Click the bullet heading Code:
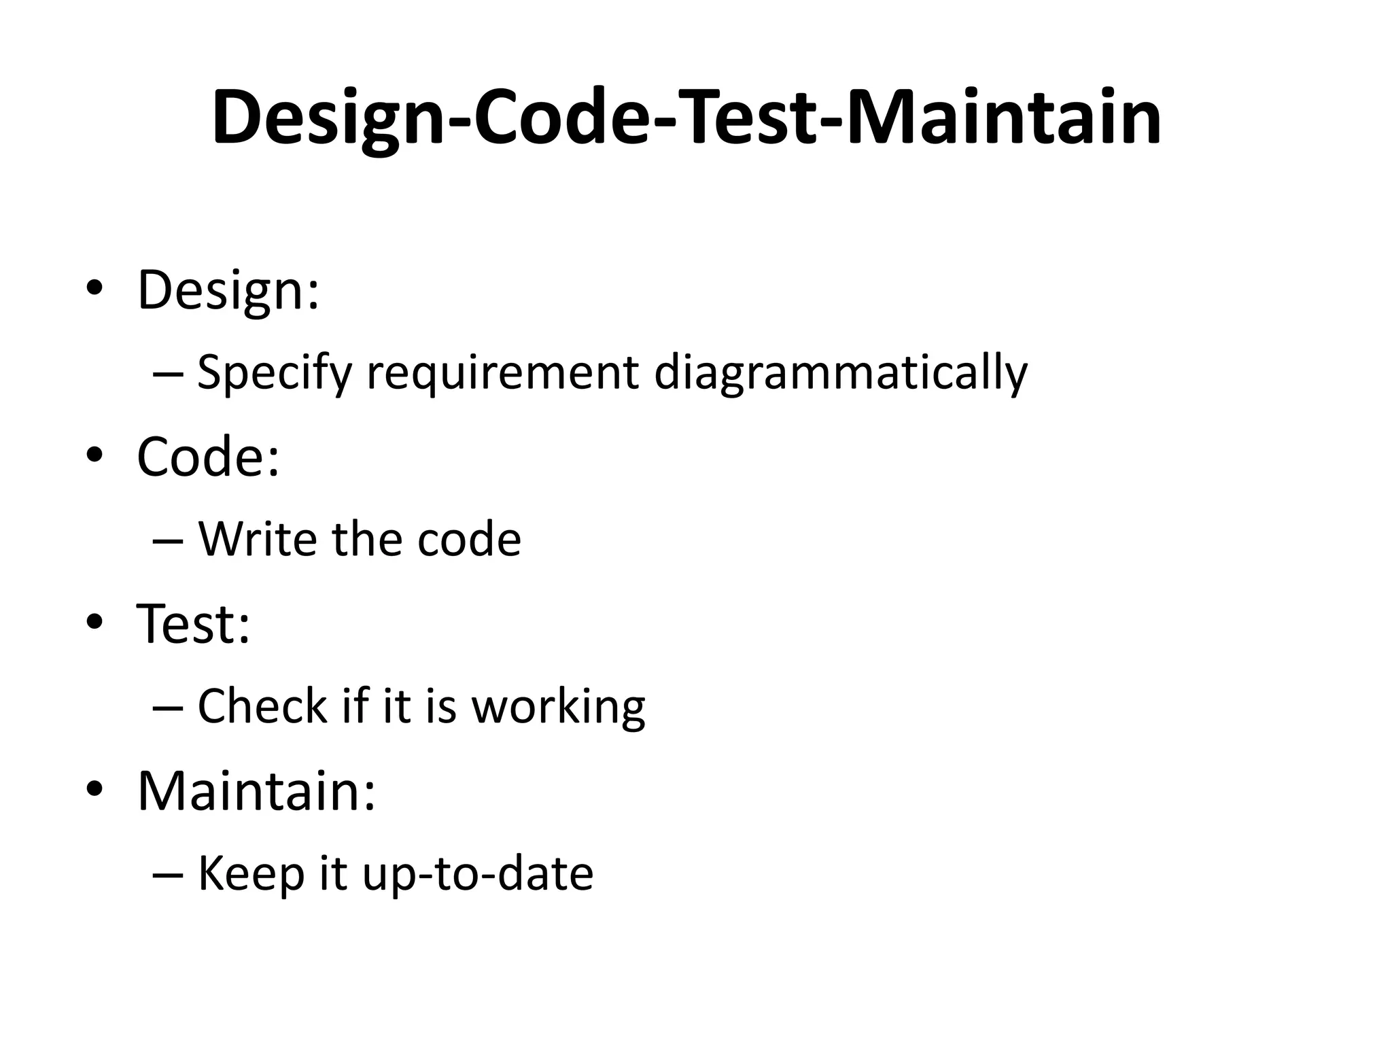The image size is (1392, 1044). (x=208, y=457)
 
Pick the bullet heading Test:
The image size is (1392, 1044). (x=194, y=623)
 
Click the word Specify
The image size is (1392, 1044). (x=275, y=372)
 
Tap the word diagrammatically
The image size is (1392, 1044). (x=841, y=372)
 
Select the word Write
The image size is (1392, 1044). (x=258, y=539)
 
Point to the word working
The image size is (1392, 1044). (x=559, y=707)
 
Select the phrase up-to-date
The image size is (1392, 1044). (x=478, y=873)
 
